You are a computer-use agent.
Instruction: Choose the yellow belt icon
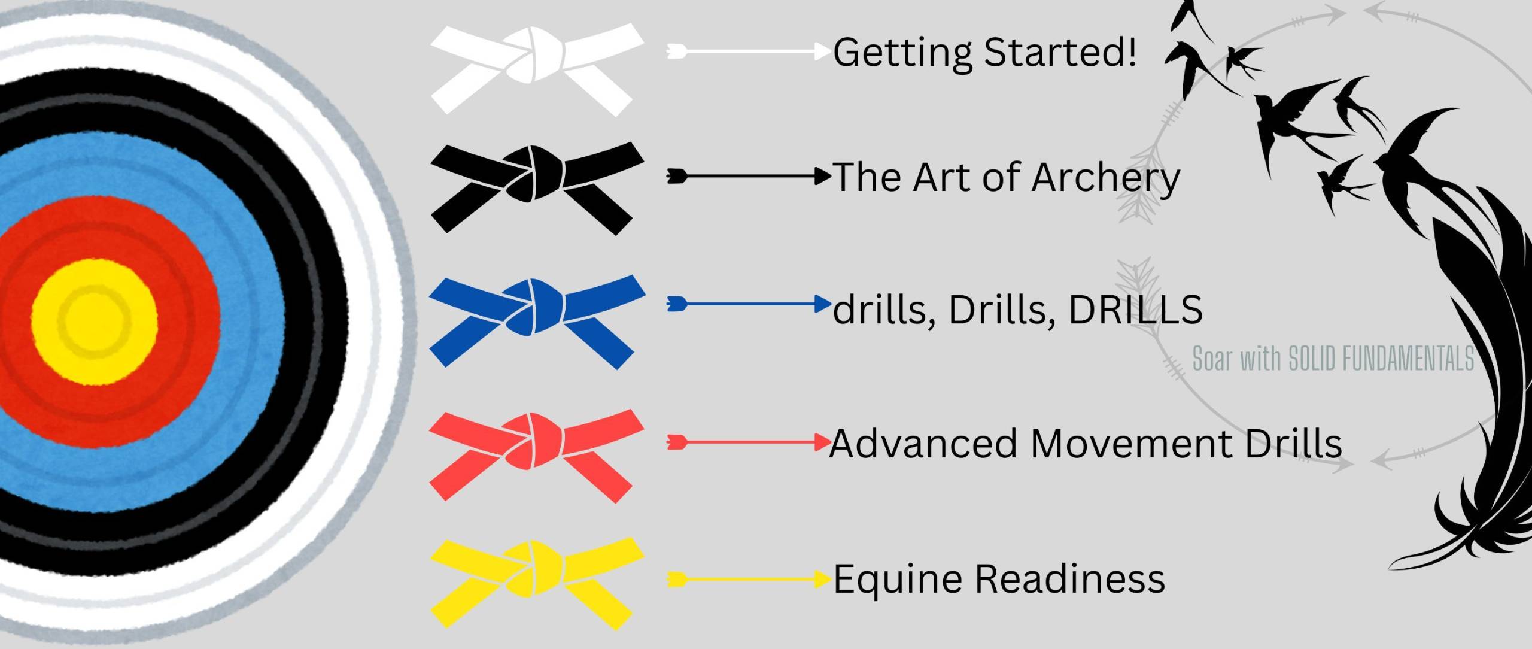[537, 583]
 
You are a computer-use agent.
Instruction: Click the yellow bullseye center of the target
[95, 322]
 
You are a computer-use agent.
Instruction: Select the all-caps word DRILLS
[1135, 309]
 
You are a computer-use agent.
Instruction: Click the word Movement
[1131, 443]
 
